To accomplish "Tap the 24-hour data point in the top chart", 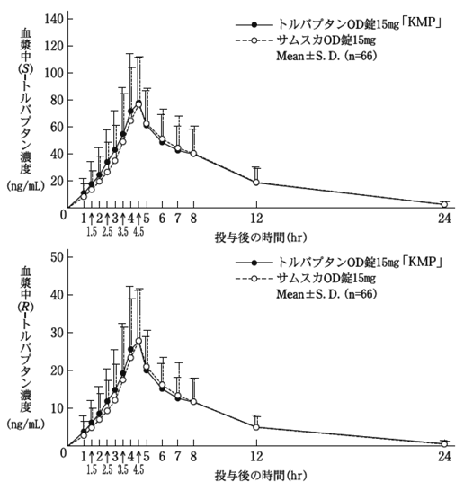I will [x=444, y=204].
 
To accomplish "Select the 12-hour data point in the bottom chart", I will [x=256, y=427].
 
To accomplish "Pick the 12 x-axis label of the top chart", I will [x=256, y=219].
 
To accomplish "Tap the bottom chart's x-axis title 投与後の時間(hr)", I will [x=256, y=472].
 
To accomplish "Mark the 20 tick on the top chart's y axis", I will [x=57, y=181].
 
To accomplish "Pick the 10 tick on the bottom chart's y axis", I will [x=57, y=407].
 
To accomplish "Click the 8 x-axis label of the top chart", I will [x=193, y=219].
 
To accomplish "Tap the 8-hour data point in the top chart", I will [x=193, y=154].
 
